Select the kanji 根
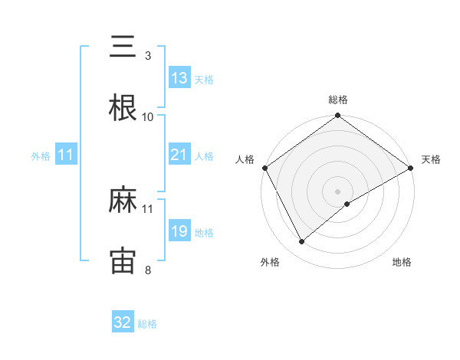123,108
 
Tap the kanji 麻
123,201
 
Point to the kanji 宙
123,261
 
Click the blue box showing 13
179,78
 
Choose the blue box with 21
179,155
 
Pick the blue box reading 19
179,231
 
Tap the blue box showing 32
123,322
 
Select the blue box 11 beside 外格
66,155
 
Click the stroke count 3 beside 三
148,56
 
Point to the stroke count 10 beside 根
148,116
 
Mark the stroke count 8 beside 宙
148,270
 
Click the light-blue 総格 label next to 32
147,324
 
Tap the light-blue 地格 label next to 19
204,233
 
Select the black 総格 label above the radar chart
338,100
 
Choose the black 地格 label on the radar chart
402,263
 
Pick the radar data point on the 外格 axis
302,241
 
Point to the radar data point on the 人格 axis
264,167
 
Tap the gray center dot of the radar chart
338,191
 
